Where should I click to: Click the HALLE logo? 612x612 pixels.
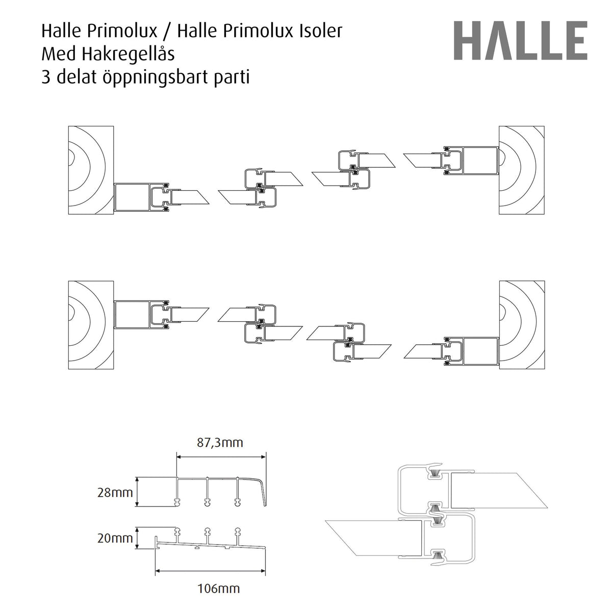(520, 41)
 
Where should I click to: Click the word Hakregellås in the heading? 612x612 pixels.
(128, 55)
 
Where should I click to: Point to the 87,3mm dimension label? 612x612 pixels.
(220, 442)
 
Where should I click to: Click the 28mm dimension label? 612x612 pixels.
(115, 492)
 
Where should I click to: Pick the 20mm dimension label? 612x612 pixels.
(115, 538)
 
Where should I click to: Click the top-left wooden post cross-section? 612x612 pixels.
(91, 170)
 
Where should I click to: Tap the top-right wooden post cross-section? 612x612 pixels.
(522, 170)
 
